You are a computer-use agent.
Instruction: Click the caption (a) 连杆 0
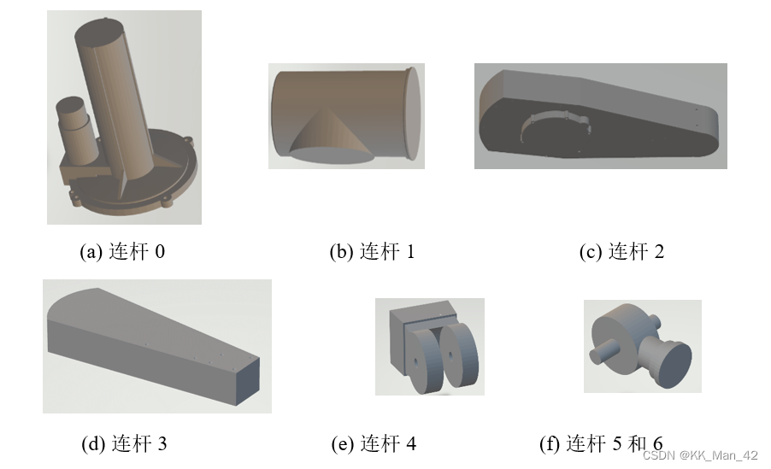[122, 252]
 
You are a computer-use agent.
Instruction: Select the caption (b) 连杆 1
[372, 252]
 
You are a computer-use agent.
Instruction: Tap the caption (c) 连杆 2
[621, 252]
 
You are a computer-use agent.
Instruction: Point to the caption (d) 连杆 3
[124, 444]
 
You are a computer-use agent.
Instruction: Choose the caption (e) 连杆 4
[374, 444]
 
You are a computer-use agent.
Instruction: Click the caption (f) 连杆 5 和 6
[601, 444]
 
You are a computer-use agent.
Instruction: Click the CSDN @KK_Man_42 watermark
[700, 455]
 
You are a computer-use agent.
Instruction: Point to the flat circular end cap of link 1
[414, 113]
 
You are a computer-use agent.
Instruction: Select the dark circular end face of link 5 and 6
[674, 364]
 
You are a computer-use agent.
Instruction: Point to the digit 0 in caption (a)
[160, 252]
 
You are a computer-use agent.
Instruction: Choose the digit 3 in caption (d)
[162, 444]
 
